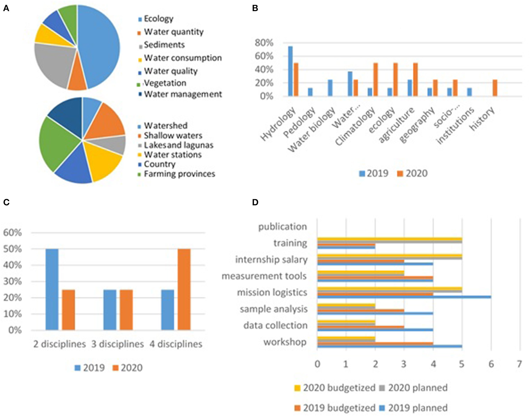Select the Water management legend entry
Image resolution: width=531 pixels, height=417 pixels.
pos(183,94)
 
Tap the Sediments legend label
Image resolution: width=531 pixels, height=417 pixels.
pos(164,45)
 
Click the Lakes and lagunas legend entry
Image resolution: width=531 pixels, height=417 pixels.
pos(179,145)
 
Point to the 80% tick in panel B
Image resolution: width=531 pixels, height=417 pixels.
pos(264,43)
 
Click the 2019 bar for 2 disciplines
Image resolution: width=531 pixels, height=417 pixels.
pos(52,289)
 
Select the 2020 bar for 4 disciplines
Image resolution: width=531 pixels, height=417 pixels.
pos(184,289)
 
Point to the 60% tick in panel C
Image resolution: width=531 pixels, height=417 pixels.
pos(13,233)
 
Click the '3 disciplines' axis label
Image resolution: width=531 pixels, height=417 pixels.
pos(117,344)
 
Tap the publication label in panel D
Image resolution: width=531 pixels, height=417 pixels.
pos(282,227)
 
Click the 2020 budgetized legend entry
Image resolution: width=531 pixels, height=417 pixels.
pos(339,388)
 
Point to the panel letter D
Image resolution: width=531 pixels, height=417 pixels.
pos(255,202)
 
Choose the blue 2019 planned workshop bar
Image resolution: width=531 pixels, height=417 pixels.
pos(390,346)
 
